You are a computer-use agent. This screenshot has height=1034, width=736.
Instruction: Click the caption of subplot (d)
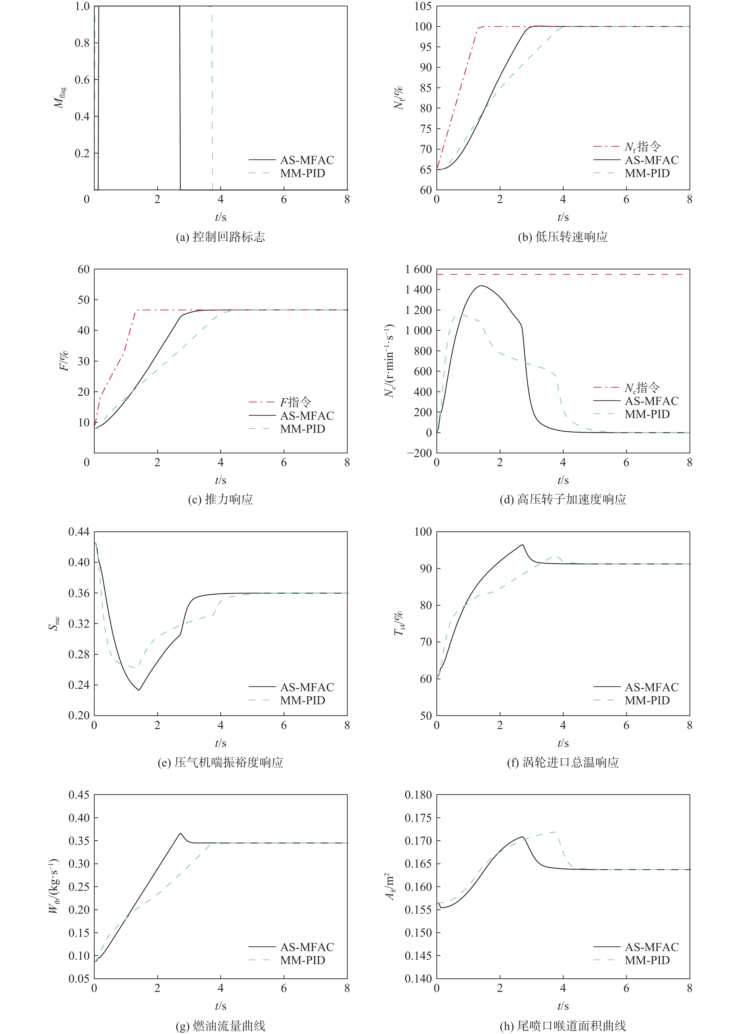tap(563, 499)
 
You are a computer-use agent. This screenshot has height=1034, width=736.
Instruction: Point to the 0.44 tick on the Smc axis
tap(79, 532)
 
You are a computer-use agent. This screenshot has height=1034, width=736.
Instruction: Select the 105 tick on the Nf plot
tap(423, 6)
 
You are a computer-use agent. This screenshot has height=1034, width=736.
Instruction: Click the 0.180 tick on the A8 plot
tap(418, 795)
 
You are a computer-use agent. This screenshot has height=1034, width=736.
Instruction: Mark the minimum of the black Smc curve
tap(139, 690)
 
